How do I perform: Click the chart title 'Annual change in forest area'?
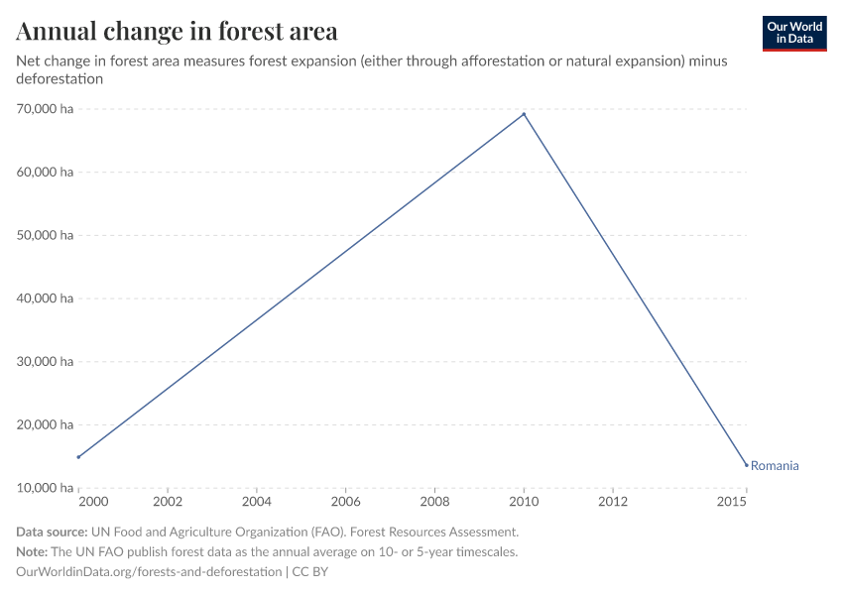pyautogui.click(x=178, y=31)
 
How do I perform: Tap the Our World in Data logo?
pyautogui.click(x=793, y=33)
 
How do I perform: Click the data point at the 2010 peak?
pyautogui.click(x=524, y=114)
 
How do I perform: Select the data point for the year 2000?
pyautogui.click(x=78, y=457)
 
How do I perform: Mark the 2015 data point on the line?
pyautogui.click(x=746, y=465)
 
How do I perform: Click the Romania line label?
pyautogui.click(x=775, y=465)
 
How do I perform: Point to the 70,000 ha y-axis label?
pyautogui.click(x=45, y=109)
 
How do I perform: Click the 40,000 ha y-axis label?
pyautogui.click(x=45, y=298)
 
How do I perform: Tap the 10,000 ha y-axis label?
pyautogui.click(x=45, y=488)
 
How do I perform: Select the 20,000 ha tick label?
pyautogui.click(x=45, y=424)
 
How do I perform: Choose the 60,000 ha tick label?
pyautogui.click(x=45, y=173)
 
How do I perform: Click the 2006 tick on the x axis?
pyautogui.click(x=345, y=503)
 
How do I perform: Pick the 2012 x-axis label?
pyautogui.click(x=613, y=503)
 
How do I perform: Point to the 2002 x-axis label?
pyautogui.click(x=168, y=503)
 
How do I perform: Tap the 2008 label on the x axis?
pyautogui.click(x=434, y=503)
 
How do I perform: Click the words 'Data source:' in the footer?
pyautogui.click(x=52, y=532)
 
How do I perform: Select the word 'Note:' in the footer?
pyautogui.click(x=34, y=551)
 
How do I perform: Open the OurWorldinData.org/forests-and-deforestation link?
pyautogui.click(x=149, y=572)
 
